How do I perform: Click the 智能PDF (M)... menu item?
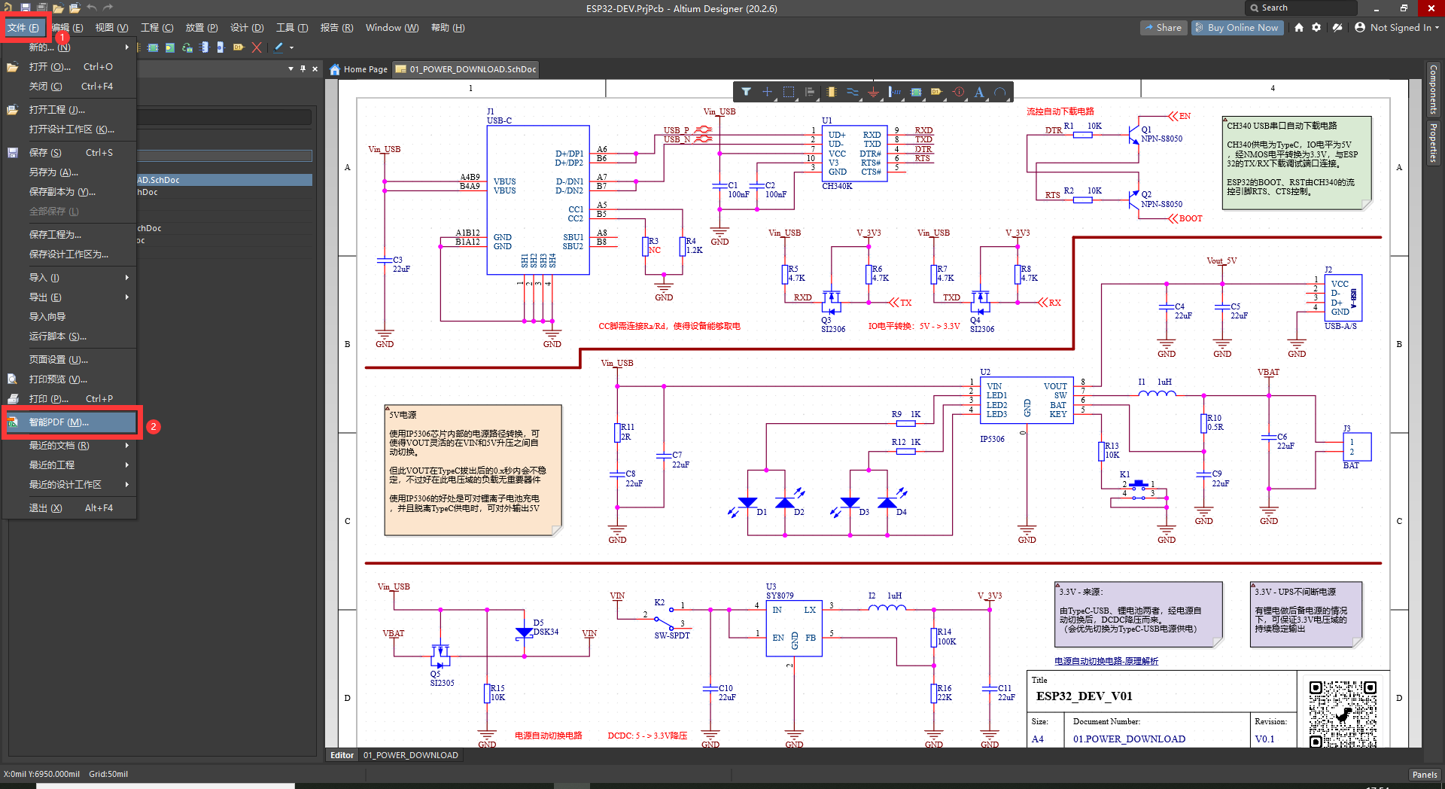[x=59, y=422]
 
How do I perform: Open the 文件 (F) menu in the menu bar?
[x=23, y=28]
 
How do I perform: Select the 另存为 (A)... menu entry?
[x=53, y=172]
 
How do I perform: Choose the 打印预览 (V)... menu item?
[x=58, y=379]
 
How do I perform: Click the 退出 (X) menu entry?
[x=46, y=508]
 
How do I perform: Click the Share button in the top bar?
[x=1163, y=28]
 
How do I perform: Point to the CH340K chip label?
[x=837, y=186]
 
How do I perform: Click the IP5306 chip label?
[x=992, y=439]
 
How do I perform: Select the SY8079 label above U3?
[x=780, y=596]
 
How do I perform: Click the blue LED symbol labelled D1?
[x=747, y=503]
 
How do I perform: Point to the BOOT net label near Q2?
[x=1190, y=219]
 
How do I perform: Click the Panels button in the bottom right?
[x=1424, y=775]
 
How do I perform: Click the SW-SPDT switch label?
[x=671, y=635]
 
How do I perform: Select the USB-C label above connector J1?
[x=499, y=120]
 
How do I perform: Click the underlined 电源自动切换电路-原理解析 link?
[x=1106, y=661]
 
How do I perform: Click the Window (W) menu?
[x=391, y=28]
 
